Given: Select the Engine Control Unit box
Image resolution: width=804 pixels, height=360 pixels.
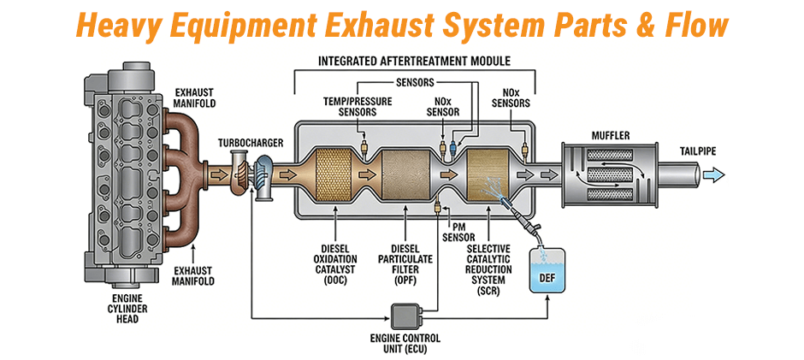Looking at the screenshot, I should click(x=408, y=316).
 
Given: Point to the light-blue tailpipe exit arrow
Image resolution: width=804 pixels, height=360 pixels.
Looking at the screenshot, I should click(x=709, y=176).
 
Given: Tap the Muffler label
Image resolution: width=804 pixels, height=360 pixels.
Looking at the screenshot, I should click(x=611, y=135).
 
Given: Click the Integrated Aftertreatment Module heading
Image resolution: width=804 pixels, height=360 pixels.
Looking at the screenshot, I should click(x=414, y=62).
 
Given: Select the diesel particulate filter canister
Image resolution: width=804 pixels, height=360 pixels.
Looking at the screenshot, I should click(x=404, y=175).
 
